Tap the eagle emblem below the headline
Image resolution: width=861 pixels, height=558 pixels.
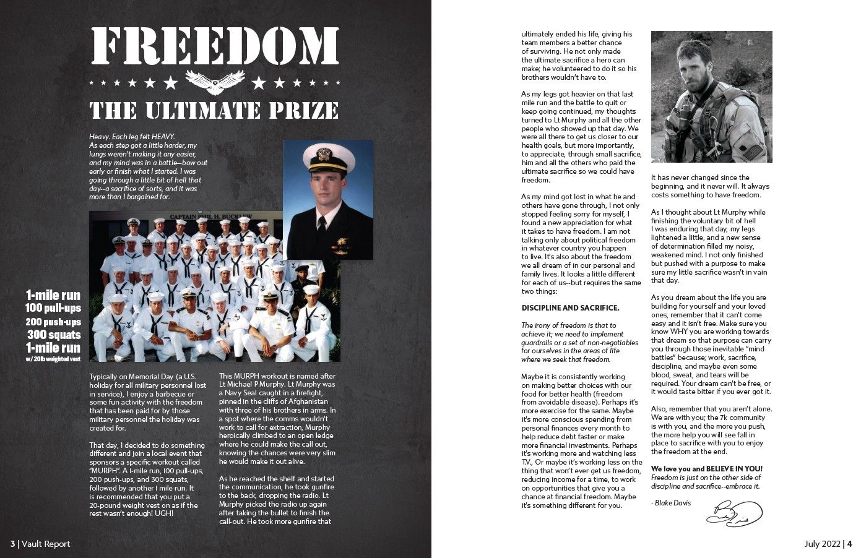point(215,81)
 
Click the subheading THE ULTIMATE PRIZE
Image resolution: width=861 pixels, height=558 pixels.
point(214,110)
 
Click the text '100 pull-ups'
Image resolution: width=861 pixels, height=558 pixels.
point(53,307)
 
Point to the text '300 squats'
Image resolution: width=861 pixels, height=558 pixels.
point(54,335)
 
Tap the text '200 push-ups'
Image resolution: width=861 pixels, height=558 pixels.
point(53,322)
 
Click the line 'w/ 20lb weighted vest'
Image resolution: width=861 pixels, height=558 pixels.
point(53,359)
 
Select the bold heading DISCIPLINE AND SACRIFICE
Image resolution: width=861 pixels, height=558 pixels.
point(570,307)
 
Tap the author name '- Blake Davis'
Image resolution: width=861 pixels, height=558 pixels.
point(671,503)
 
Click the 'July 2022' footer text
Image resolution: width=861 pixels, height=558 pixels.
point(822,544)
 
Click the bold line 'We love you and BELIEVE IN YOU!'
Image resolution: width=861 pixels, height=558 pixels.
point(707,468)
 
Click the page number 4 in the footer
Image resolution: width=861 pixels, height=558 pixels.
point(850,544)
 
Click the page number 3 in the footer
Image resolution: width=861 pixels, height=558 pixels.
point(12,544)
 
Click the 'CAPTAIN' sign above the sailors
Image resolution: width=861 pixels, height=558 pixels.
point(189,217)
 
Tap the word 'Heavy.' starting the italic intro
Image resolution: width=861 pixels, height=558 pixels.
point(101,136)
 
